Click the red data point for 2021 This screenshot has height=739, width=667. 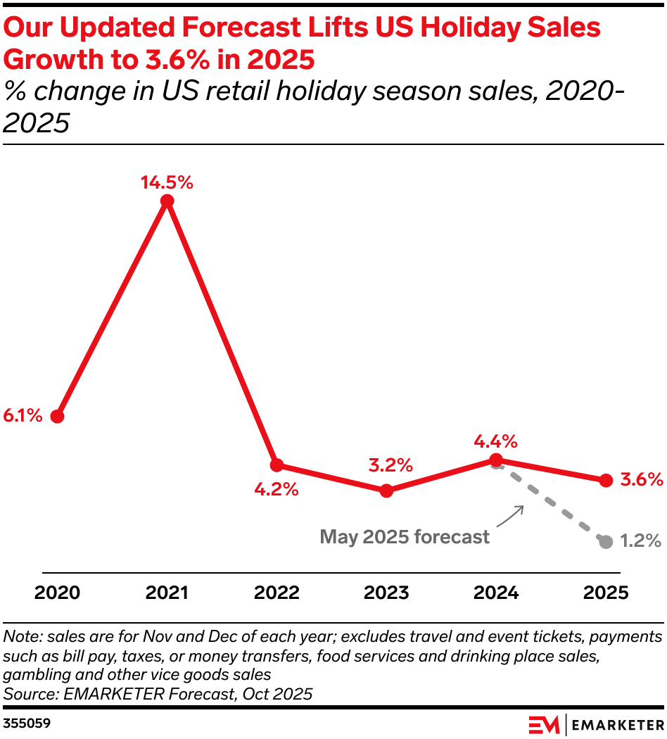point(167,201)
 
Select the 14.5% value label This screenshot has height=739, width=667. point(167,183)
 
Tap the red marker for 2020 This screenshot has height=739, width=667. point(57,416)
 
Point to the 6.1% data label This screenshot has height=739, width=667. point(23,416)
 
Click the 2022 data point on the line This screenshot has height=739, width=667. point(277,465)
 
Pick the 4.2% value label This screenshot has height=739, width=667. point(277,489)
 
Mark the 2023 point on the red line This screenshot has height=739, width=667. point(386,491)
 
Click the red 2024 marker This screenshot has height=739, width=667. point(496,460)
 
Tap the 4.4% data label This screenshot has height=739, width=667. point(496,442)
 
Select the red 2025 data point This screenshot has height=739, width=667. point(606,480)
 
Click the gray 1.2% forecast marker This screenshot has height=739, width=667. point(606,541)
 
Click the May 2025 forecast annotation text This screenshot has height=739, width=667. point(405,537)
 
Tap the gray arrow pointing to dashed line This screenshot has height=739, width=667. point(512,516)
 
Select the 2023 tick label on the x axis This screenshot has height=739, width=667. point(386,593)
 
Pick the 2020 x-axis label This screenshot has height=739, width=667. point(57,593)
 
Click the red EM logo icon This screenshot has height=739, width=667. point(544,724)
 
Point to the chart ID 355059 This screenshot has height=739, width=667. point(27,723)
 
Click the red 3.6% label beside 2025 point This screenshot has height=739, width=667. point(642,480)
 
